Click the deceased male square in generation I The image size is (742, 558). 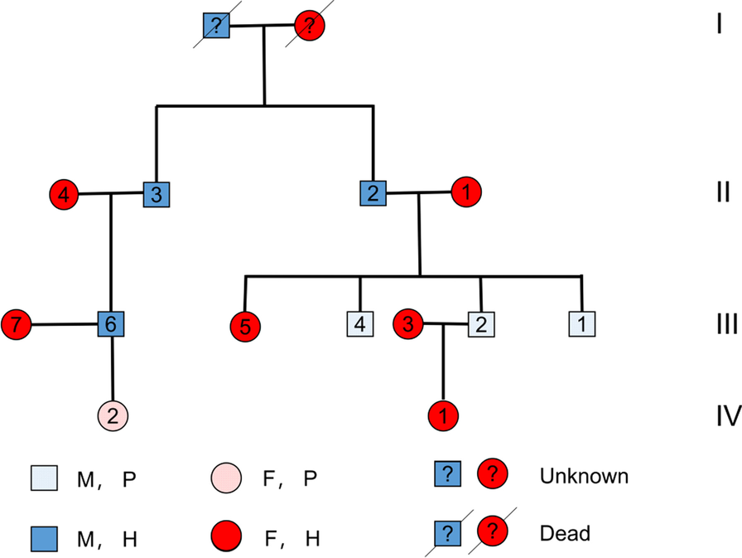point(217,27)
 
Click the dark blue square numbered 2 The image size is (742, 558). point(373,194)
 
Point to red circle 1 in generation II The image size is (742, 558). point(466,193)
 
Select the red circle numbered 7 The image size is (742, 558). point(16,325)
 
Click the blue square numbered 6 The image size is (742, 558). point(110,325)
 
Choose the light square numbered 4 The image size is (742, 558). point(359,325)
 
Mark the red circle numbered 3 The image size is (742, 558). point(407,324)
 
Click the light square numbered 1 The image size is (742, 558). point(582,324)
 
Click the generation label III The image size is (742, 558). point(726,323)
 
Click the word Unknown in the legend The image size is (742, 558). point(584,477)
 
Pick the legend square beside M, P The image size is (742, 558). point(44,478)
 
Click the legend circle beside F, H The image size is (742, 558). point(226,537)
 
